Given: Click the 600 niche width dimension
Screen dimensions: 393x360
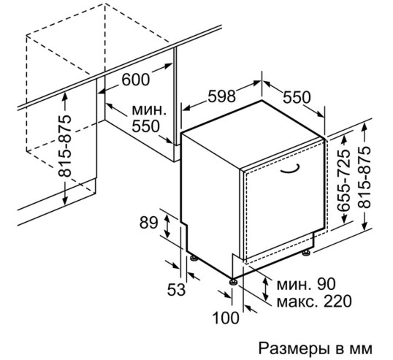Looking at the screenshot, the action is [x=136, y=80].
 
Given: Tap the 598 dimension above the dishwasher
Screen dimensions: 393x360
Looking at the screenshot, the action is [x=221, y=96].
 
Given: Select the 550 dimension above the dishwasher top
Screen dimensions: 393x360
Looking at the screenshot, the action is [x=297, y=97].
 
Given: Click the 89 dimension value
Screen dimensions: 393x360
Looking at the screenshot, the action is [x=148, y=223].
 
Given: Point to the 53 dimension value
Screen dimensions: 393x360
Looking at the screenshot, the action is [x=176, y=290].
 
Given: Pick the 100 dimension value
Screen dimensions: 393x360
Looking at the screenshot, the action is [x=226, y=318].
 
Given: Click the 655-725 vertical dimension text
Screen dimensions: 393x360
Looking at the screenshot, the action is [x=343, y=180].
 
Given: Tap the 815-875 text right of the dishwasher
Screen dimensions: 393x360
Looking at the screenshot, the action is [x=364, y=177].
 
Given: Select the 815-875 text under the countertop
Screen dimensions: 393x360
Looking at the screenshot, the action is [x=65, y=146].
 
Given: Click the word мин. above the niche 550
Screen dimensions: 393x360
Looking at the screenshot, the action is [x=149, y=110].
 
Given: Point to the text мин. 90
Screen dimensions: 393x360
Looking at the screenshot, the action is [x=306, y=284].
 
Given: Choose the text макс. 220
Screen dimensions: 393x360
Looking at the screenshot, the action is [x=314, y=302].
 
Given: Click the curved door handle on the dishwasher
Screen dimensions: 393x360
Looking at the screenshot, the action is [x=291, y=169].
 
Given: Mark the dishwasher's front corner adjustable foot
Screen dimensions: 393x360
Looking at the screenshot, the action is [x=234, y=282].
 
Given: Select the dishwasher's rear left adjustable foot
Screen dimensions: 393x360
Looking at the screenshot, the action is [x=194, y=258].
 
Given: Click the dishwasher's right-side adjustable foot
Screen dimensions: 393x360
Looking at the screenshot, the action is [x=306, y=253].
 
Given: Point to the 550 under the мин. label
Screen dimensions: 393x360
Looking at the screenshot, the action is [x=145, y=126].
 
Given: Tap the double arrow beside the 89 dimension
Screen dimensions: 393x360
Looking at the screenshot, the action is [x=167, y=226].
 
